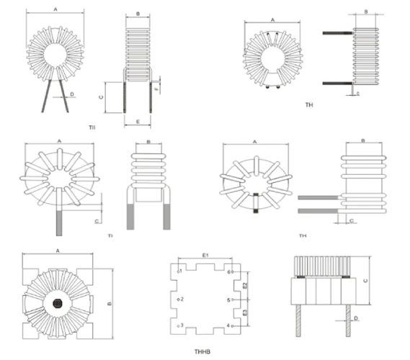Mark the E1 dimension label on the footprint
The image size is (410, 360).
pyautogui.click(x=205, y=255)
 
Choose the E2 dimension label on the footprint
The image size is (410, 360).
pyautogui.click(x=246, y=286)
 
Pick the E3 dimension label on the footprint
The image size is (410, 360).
pyautogui.click(x=246, y=313)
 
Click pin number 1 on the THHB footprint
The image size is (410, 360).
pyautogui.click(x=180, y=271)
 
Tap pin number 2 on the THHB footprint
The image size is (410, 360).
pyautogui.click(x=183, y=299)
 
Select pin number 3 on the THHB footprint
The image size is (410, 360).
pyautogui.click(x=181, y=325)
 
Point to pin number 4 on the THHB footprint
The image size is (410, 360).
pyautogui.click(x=228, y=326)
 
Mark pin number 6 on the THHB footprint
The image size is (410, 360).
pyautogui.click(x=228, y=272)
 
